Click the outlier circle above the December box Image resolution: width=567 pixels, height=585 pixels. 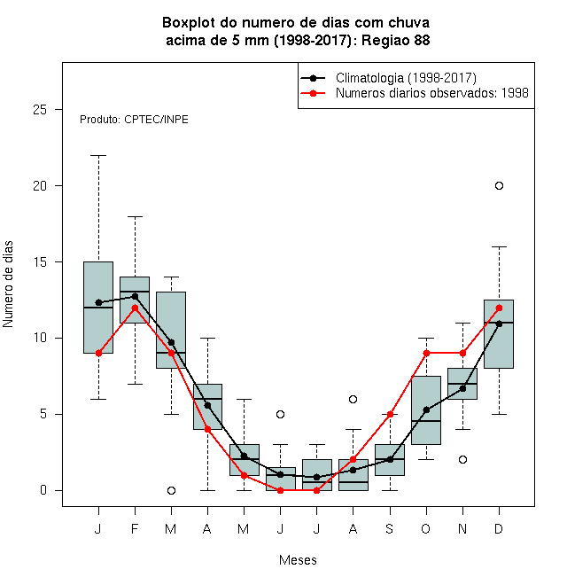click(x=499, y=185)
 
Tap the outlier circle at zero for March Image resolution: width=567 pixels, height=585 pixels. click(x=171, y=490)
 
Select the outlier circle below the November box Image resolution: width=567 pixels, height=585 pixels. click(x=462, y=459)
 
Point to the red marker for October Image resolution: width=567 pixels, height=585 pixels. click(x=426, y=353)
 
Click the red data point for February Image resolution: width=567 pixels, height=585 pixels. click(x=135, y=308)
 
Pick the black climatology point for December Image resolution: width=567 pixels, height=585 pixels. click(x=499, y=324)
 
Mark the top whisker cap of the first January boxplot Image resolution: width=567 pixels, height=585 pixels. click(x=98, y=155)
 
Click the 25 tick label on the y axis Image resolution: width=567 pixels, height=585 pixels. click(x=40, y=109)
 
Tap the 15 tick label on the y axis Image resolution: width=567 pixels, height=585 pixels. click(x=40, y=261)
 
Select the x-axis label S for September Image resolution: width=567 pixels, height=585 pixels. click(x=390, y=528)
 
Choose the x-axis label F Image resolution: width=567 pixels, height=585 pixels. click(x=135, y=528)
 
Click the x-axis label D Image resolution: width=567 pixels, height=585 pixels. click(x=499, y=528)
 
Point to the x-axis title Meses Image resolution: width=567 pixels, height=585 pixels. click(x=298, y=560)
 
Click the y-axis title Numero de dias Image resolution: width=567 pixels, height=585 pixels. click(x=8, y=284)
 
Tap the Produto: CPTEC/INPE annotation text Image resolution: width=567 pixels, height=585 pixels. click(x=134, y=120)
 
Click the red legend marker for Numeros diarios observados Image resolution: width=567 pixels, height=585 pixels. click(x=313, y=93)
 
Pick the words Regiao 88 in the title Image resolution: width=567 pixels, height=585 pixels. click(x=395, y=40)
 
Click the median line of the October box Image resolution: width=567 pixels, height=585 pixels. click(x=426, y=421)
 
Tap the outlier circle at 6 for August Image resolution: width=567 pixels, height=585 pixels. click(x=353, y=399)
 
